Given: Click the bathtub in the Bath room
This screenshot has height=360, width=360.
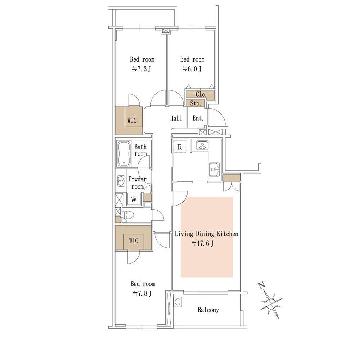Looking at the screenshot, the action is click(x=124, y=154).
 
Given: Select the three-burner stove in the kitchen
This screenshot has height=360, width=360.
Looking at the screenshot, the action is click(x=202, y=145).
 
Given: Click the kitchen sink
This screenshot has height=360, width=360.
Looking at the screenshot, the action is click(x=214, y=170).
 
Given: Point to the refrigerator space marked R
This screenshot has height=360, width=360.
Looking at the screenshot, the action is click(x=180, y=147).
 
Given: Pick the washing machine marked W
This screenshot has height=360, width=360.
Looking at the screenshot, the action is click(x=134, y=199).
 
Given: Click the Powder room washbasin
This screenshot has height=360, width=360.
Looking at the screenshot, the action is click(x=121, y=181).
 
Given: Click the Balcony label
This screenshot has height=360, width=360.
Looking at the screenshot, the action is click(x=208, y=310).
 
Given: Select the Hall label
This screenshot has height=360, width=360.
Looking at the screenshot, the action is click(x=176, y=118).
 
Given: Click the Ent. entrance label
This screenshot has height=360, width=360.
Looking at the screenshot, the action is click(x=198, y=118).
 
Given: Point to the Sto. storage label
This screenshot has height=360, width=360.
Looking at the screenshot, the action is click(x=195, y=103).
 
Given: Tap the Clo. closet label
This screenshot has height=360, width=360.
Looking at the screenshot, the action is click(x=201, y=94).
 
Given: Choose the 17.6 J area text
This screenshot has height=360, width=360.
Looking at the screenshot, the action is click(x=202, y=243).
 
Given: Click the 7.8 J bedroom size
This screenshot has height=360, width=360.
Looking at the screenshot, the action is click(x=142, y=293).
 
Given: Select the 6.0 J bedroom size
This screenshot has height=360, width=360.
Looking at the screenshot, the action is click(x=192, y=69).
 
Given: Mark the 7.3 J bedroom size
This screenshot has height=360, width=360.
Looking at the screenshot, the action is click(x=141, y=69).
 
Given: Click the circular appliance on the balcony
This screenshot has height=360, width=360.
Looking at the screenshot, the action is click(x=178, y=302).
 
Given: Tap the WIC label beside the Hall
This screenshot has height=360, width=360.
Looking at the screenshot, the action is click(x=132, y=120).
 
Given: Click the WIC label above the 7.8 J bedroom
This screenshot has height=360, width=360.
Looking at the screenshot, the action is click(x=134, y=240).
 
